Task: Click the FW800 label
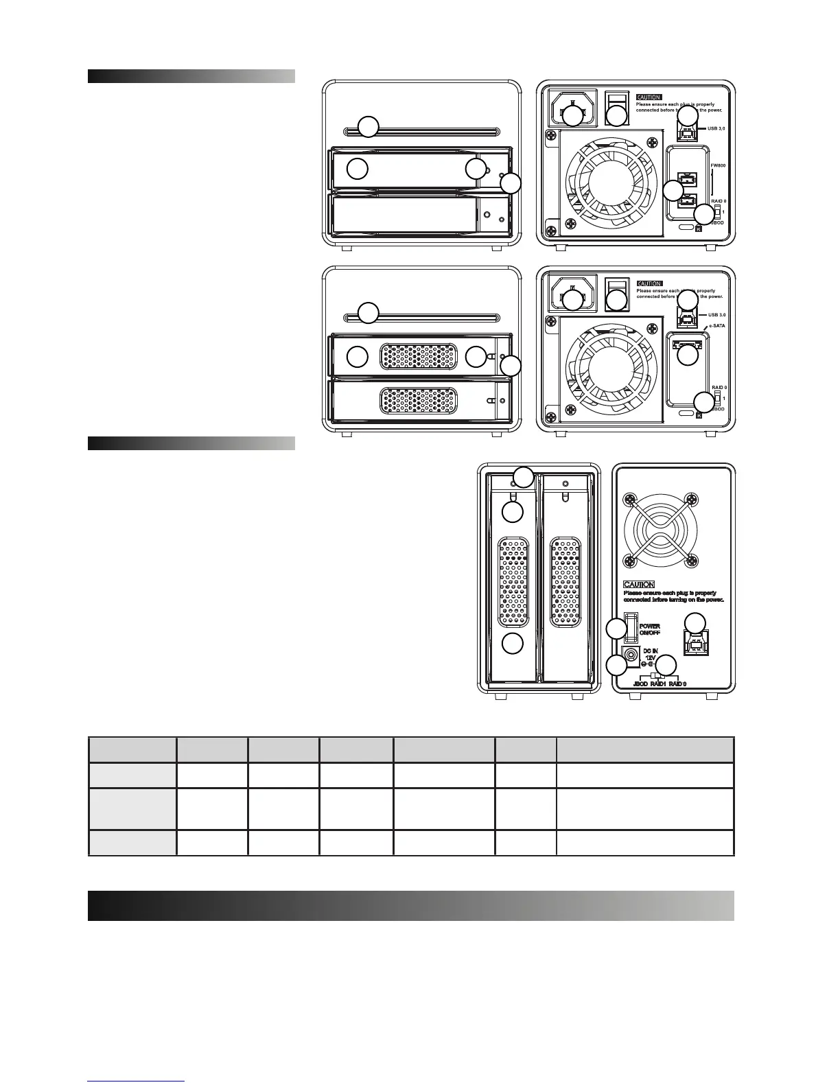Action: pos(718,165)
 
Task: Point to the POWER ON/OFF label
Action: pos(649,629)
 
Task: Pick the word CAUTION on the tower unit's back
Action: pos(638,584)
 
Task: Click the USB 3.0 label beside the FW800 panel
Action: pos(716,128)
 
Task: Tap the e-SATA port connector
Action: pos(688,345)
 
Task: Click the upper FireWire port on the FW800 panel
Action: pos(688,180)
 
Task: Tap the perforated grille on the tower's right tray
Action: pos(565,582)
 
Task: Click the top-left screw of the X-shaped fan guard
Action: pos(625,498)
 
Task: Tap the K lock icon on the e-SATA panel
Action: pos(699,414)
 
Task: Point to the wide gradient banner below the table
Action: pos(410,905)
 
